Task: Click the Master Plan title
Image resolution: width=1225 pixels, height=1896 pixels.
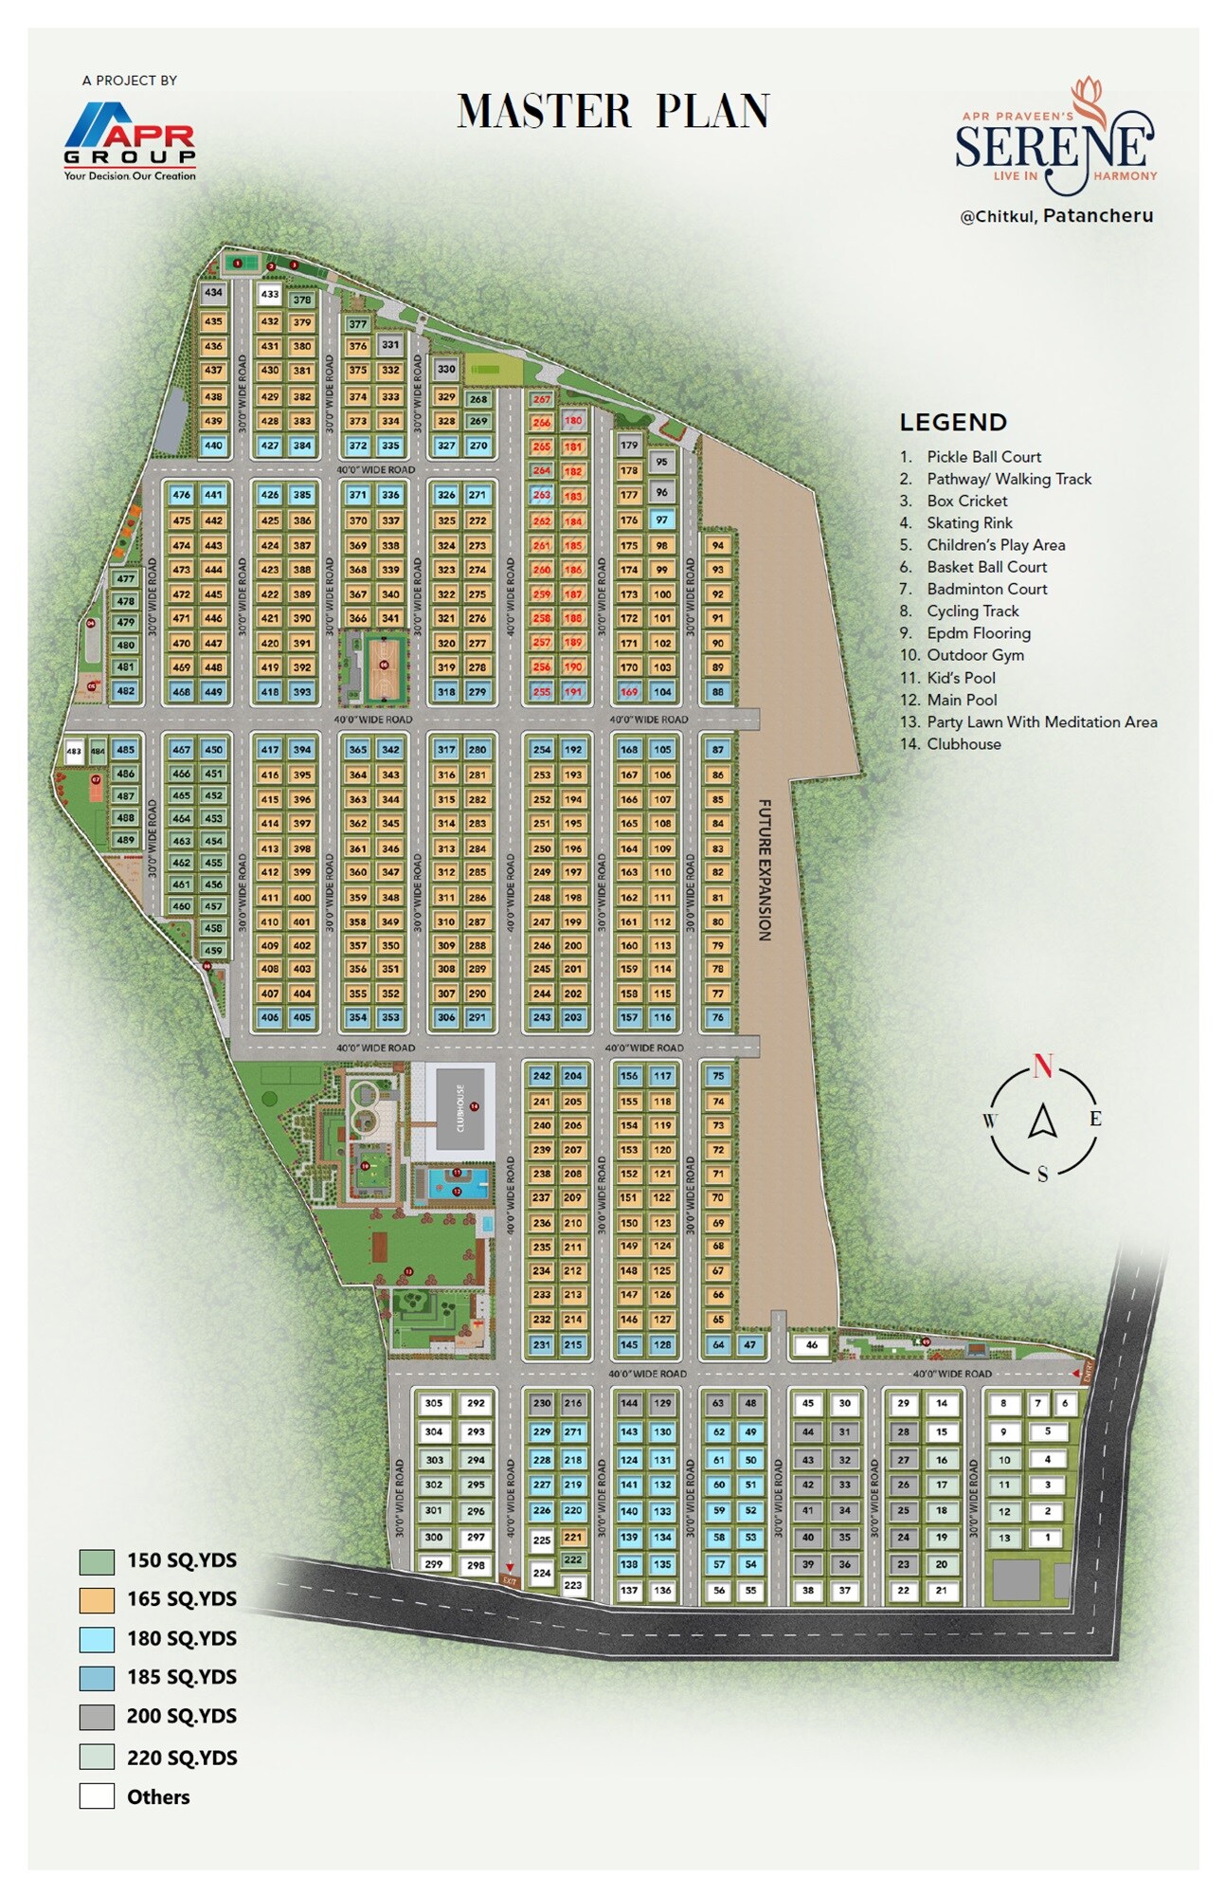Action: click(x=613, y=111)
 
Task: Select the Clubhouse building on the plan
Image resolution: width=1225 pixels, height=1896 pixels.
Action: click(x=460, y=1107)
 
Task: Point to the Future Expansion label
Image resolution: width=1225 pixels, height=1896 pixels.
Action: click(x=765, y=869)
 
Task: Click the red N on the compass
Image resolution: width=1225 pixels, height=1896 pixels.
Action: click(x=1042, y=1066)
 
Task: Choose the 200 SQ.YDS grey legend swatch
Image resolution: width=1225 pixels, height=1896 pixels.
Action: click(x=97, y=1717)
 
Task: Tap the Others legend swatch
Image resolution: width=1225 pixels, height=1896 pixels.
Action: click(x=97, y=1796)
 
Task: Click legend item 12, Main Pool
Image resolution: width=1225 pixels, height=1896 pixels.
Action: click(x=962, y=700)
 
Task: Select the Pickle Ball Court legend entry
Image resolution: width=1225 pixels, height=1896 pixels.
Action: click(x=983, y=457)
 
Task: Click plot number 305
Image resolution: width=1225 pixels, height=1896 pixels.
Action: click(x=434, y=1404)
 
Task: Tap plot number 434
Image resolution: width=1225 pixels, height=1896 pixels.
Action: click(x=214, y=293)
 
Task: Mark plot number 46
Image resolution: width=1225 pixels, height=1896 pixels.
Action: click(x=811, y=1344)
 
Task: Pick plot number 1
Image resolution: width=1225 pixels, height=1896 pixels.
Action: click(x=1047, y=1538)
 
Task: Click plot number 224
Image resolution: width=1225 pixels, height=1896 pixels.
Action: click(x=541, y=1573)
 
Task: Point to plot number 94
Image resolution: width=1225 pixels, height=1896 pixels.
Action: click(x=718, y=546)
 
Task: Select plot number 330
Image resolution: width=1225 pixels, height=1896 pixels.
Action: click(x=446, y=370)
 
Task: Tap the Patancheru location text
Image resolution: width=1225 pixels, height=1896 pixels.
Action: click(x=1097, y=215)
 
